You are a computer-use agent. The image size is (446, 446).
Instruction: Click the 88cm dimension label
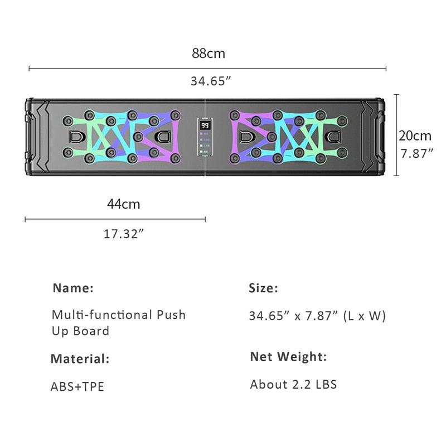(209, 54)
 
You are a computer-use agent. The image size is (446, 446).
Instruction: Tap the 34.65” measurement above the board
(211, 81)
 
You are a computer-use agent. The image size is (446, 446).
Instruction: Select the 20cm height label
(415, 135)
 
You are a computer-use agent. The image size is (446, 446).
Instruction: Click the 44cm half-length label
(123, 204)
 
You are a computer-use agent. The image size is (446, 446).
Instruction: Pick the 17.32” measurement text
(124, 234)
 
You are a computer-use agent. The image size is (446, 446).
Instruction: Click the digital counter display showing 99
(205, 125)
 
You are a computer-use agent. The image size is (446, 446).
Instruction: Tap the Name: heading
(73, 288)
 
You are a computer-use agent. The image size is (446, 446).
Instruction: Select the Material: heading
(80, 358)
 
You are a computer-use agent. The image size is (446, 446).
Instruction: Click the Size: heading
(263, 288)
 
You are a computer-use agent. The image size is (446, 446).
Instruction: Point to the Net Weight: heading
(288, 356)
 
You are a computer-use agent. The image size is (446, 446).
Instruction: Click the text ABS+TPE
(77, 386)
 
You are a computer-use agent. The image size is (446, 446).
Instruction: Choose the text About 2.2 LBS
(293, 384)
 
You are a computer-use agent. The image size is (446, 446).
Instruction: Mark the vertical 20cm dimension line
(396, 135)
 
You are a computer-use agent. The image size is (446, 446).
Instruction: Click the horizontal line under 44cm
(115, 220)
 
